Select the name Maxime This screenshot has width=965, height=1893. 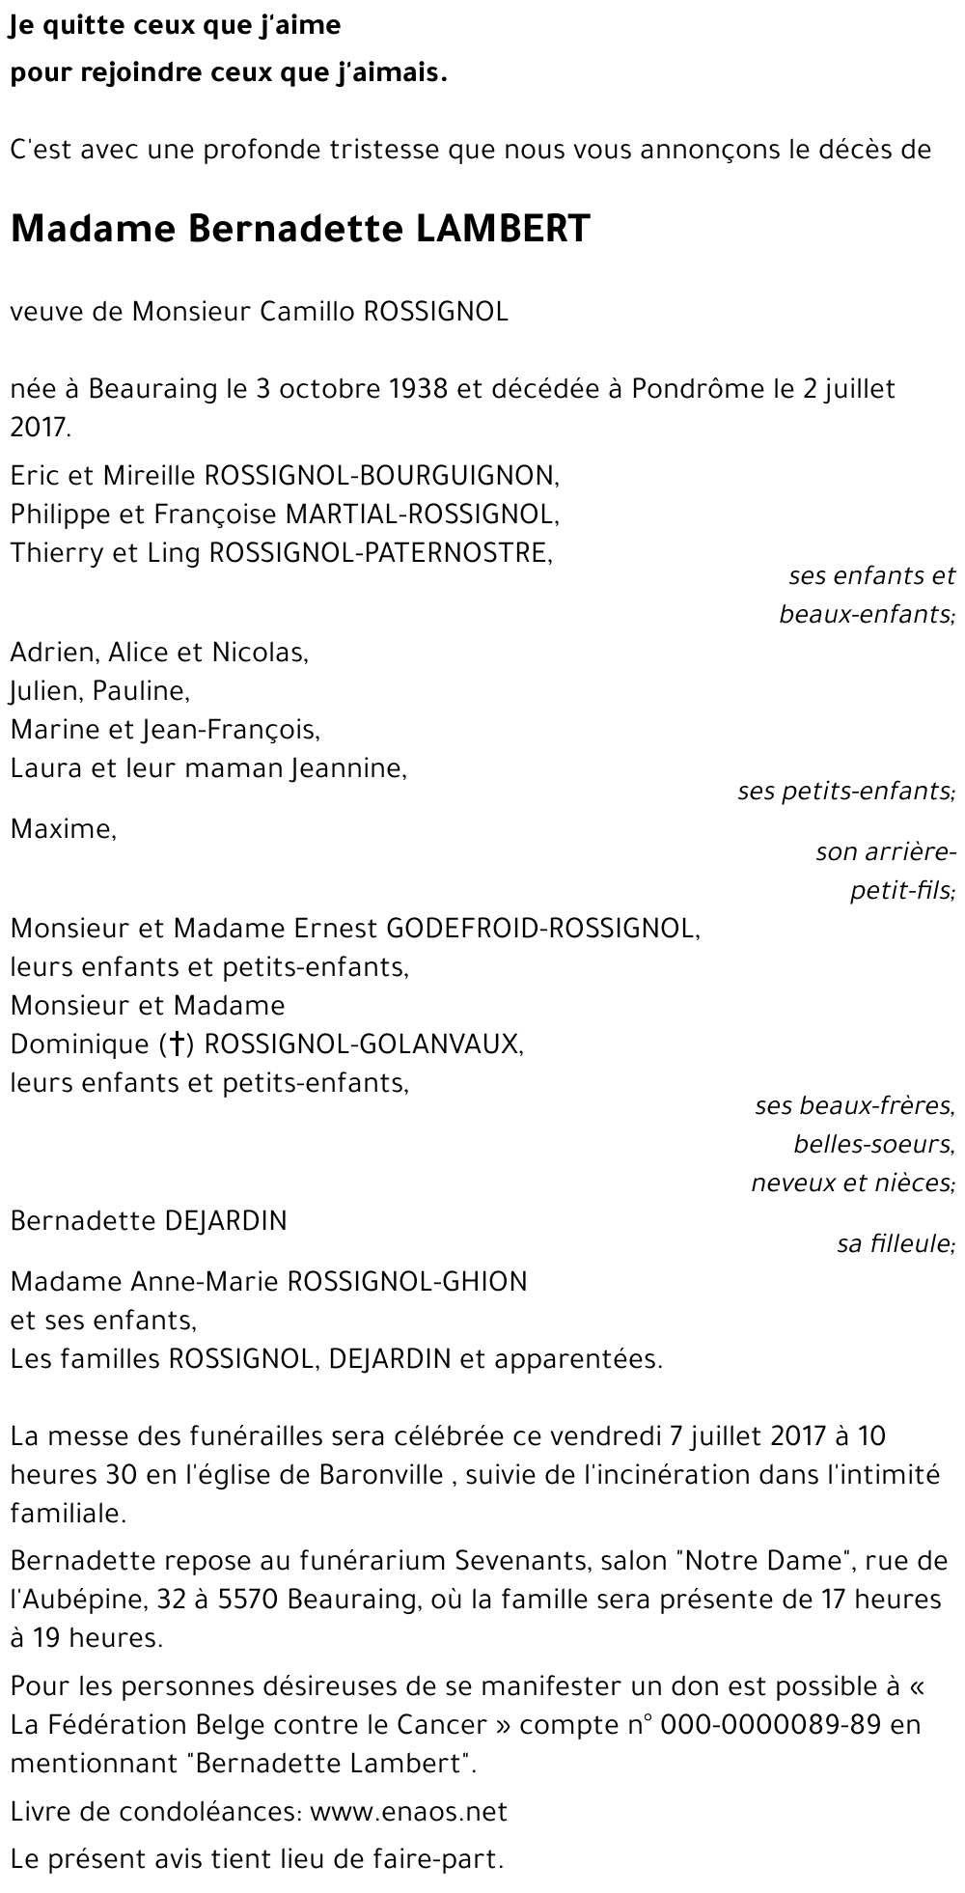point(63,829)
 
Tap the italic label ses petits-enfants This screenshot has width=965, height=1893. point(845,793)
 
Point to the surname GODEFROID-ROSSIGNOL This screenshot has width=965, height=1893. point(542,929)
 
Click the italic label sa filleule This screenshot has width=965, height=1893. point(896,1244)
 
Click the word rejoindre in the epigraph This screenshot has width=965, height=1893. point(129,74)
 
